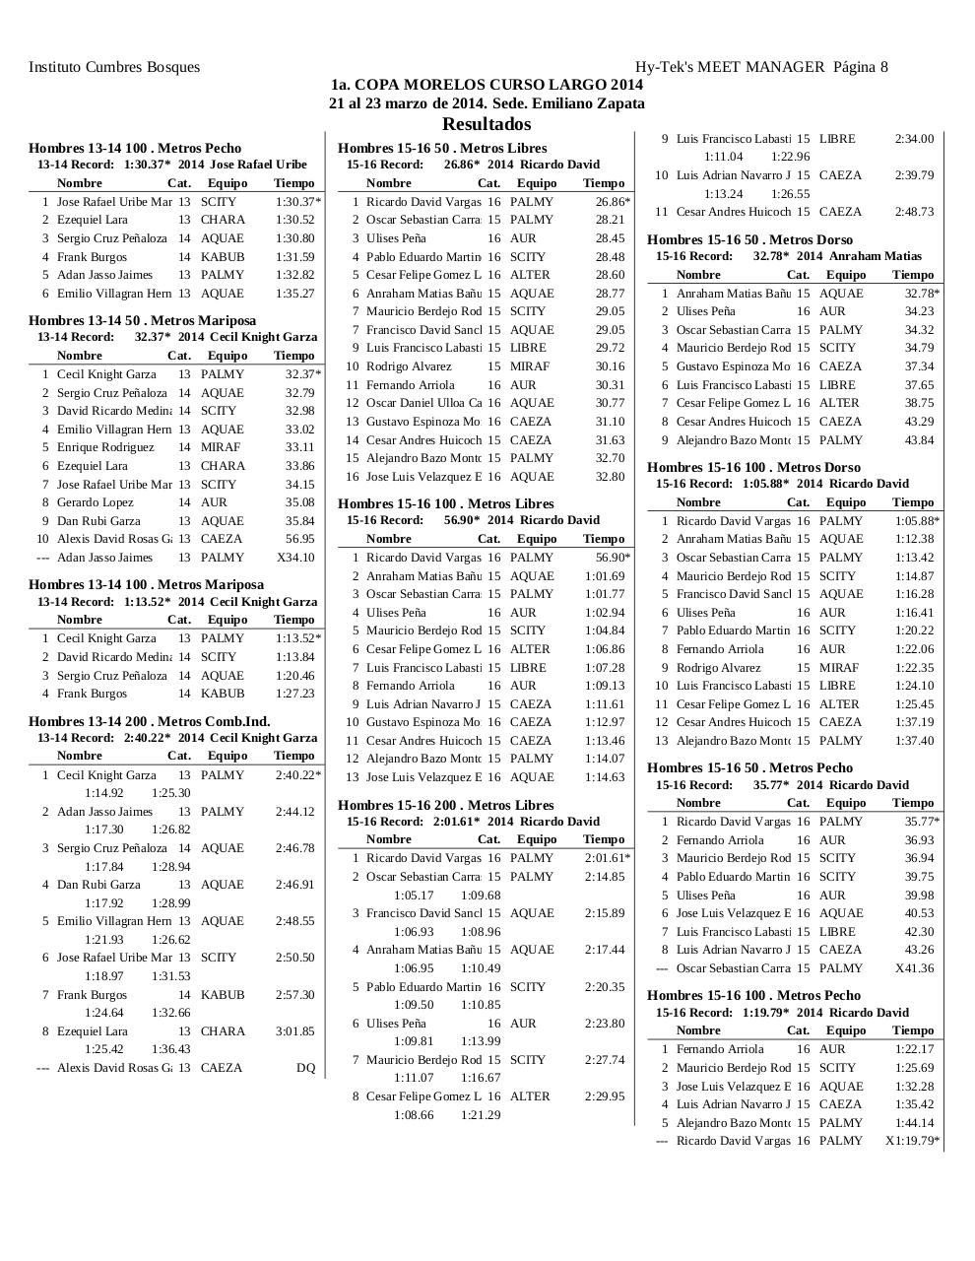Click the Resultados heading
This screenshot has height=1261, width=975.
(487, 124)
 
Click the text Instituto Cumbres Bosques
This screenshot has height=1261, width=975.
(114, 67)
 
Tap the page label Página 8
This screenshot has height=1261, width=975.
(860, 67)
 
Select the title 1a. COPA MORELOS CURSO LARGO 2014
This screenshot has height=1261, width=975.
(487, 85)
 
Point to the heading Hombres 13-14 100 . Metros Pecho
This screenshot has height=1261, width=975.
(135, 148)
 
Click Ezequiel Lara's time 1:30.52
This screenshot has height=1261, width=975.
(294, 220)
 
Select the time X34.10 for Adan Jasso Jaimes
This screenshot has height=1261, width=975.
(295, 558)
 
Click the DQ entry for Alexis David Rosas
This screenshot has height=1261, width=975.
(305, 1068)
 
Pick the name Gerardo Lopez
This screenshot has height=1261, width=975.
(95, 502)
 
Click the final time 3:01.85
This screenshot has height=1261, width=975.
(294, 1031)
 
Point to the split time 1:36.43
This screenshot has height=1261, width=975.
(170, 1049)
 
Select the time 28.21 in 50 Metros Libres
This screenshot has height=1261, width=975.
(610, 220)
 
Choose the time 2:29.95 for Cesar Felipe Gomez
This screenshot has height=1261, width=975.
(604, 1096)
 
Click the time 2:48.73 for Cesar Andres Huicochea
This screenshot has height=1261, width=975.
(914, 212)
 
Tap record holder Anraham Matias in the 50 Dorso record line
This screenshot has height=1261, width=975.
(876, 256)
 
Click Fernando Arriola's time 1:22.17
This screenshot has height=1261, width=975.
(914, 1049)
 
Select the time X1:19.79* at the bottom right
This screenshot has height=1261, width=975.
(912, 1141)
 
